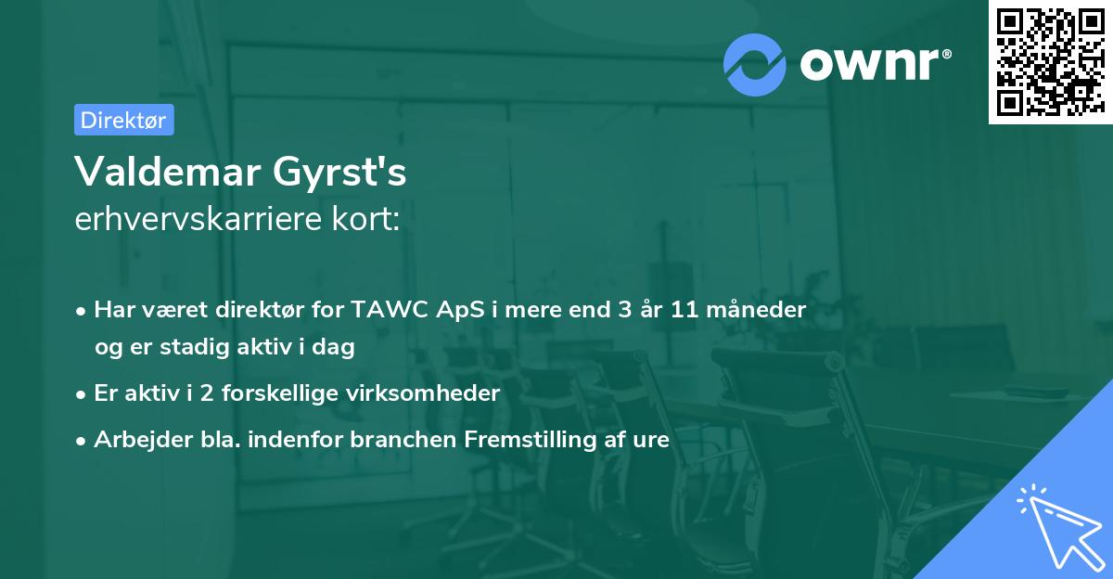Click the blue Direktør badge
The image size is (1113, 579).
pos(124,120)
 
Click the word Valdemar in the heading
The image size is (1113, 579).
pos(168,172)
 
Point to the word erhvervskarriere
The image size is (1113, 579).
pos(198,219)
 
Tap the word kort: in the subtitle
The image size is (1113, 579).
pos(366,219)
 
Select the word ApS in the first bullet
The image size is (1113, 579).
pos(460,310)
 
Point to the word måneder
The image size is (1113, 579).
pos(756,309)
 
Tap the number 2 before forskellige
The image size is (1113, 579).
pos(207,393)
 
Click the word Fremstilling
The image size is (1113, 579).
pos(531,440)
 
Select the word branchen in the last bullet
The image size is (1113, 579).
pos(403,439)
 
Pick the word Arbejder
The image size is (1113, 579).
pos(143,440)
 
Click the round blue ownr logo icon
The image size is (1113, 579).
pos(754,65)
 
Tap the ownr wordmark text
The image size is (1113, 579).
pos(869,64)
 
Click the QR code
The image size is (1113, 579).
pos(1050,62)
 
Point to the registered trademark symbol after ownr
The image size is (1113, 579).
pos(946,54)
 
